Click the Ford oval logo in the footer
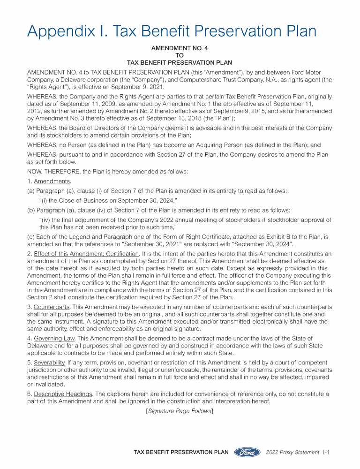coord(247,452)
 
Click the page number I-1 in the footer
coord(327,452)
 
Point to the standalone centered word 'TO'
coord(180,55)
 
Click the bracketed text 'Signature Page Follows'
coord(180,411)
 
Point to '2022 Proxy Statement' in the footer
coord(292,452)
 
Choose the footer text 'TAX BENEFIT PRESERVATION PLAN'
coord(181,452)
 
